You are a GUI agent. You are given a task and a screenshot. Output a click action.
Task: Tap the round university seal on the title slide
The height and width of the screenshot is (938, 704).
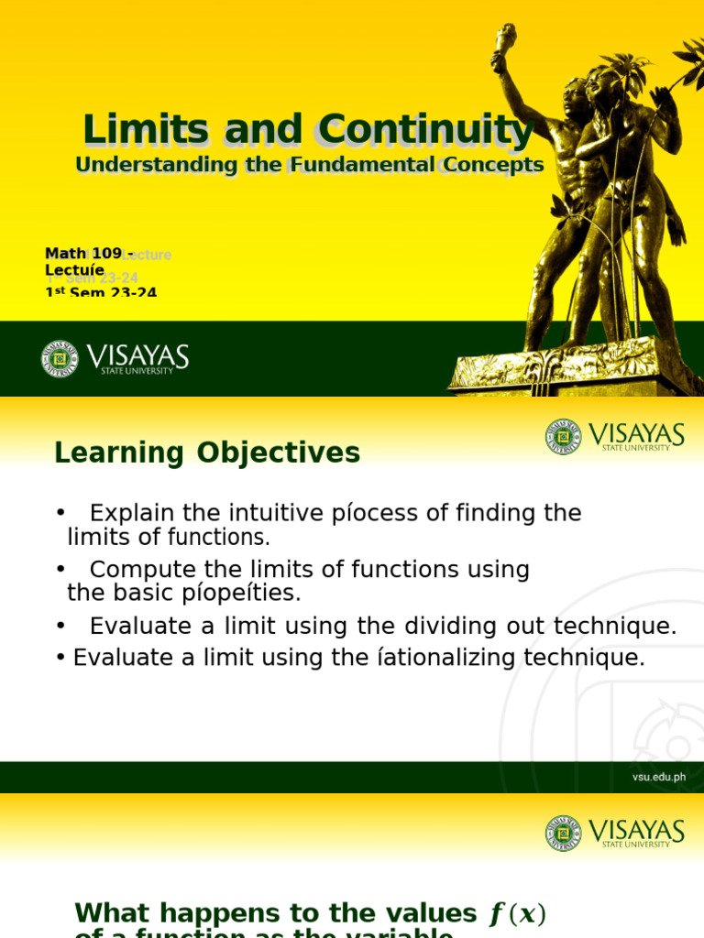(60, 358)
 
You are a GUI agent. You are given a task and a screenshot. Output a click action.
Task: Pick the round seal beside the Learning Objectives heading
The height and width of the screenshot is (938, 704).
(563, 437)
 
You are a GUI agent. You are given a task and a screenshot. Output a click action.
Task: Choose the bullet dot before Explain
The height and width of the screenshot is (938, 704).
(60, 514)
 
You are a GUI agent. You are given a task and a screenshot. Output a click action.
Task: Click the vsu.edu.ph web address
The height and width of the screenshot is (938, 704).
(658, 777)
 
